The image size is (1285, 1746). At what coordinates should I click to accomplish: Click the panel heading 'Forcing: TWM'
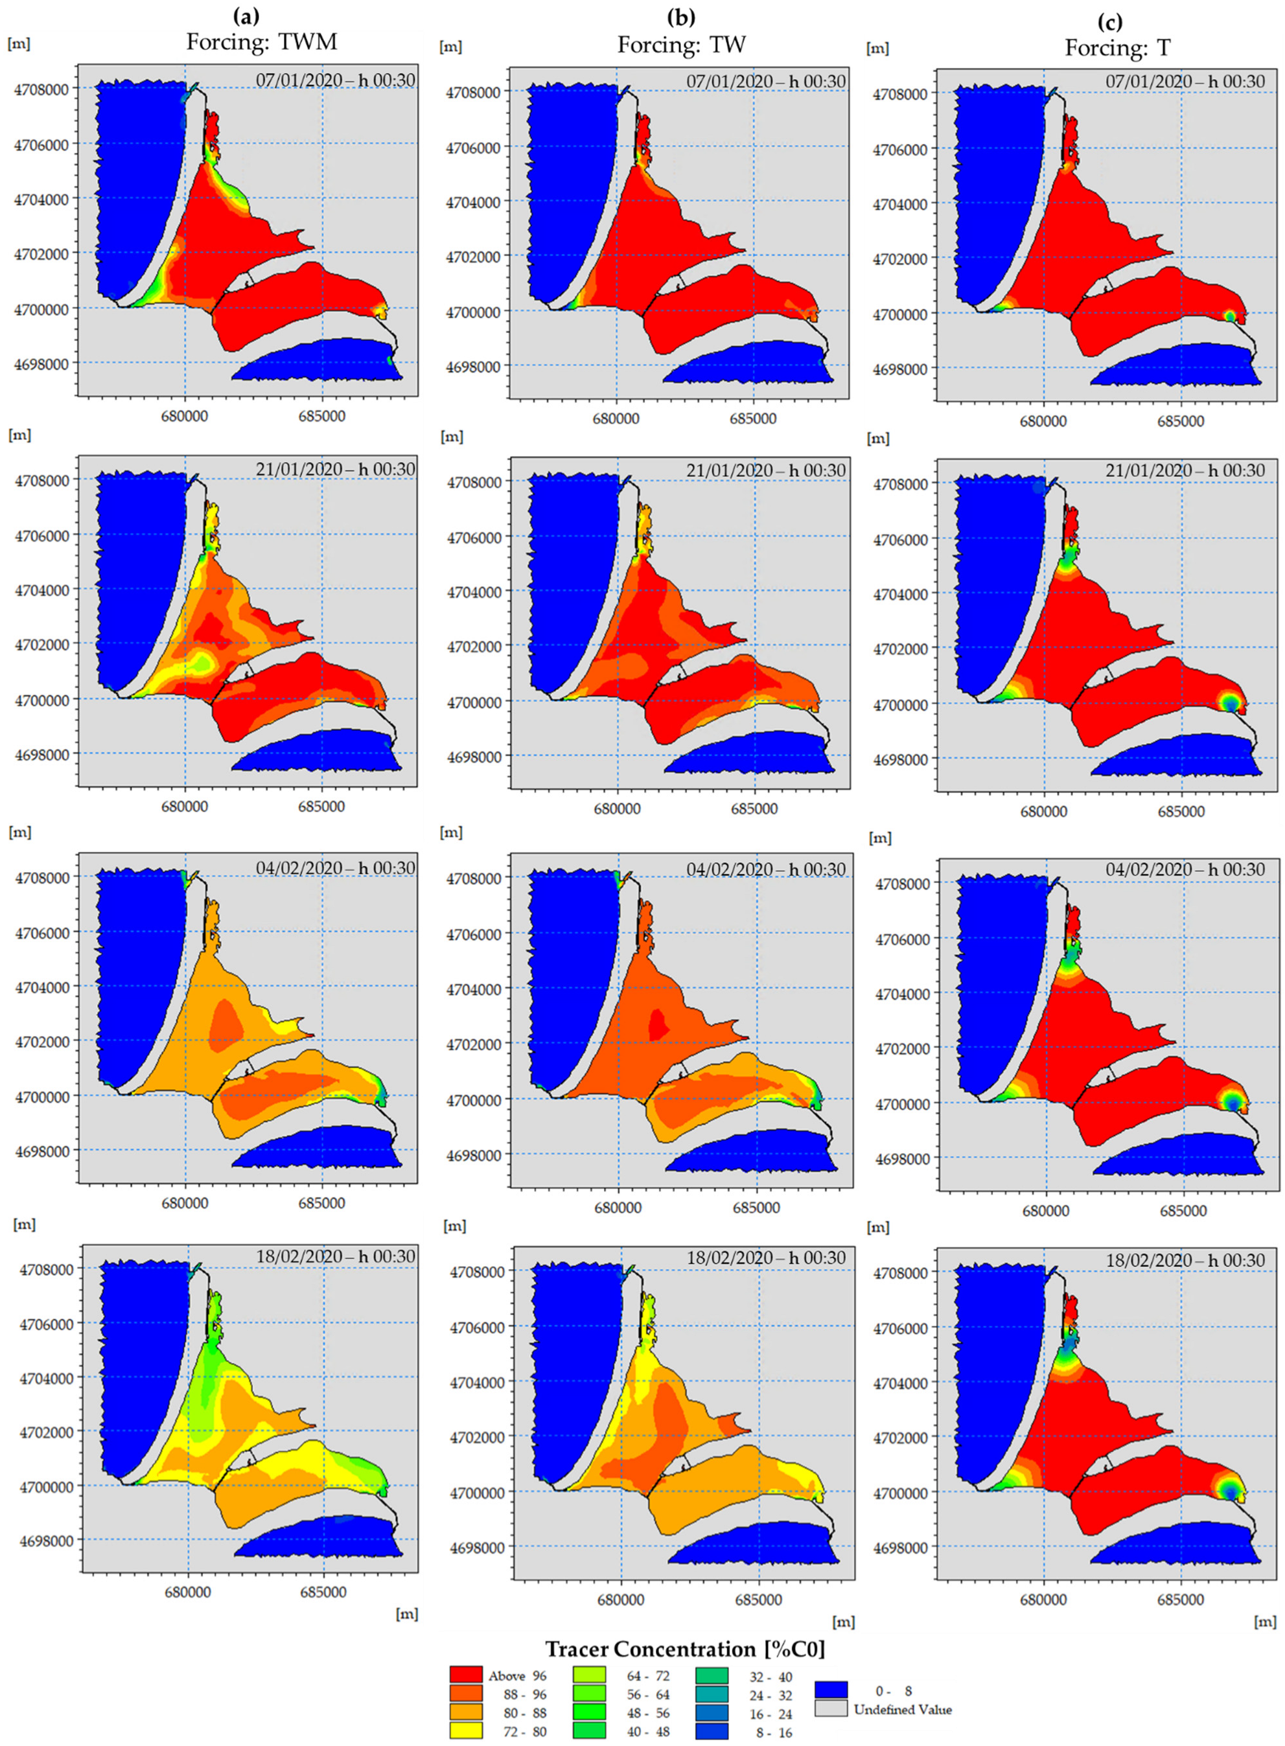(261, 41)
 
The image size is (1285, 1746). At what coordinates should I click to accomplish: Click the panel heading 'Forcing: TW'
(682, 44)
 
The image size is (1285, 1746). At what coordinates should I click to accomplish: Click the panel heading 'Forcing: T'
(1117, 47)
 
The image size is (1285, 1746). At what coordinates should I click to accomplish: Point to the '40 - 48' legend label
(648, 1731)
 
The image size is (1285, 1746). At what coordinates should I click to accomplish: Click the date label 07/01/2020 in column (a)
(335, 80)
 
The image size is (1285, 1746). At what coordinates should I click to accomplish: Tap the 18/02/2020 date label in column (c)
(1185, 1260)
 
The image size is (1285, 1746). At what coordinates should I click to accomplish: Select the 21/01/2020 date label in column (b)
(765, 470)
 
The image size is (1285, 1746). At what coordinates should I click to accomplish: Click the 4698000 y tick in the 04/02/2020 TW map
(473, 1155)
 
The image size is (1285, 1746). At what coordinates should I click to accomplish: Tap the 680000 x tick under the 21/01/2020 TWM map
(184, 807)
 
